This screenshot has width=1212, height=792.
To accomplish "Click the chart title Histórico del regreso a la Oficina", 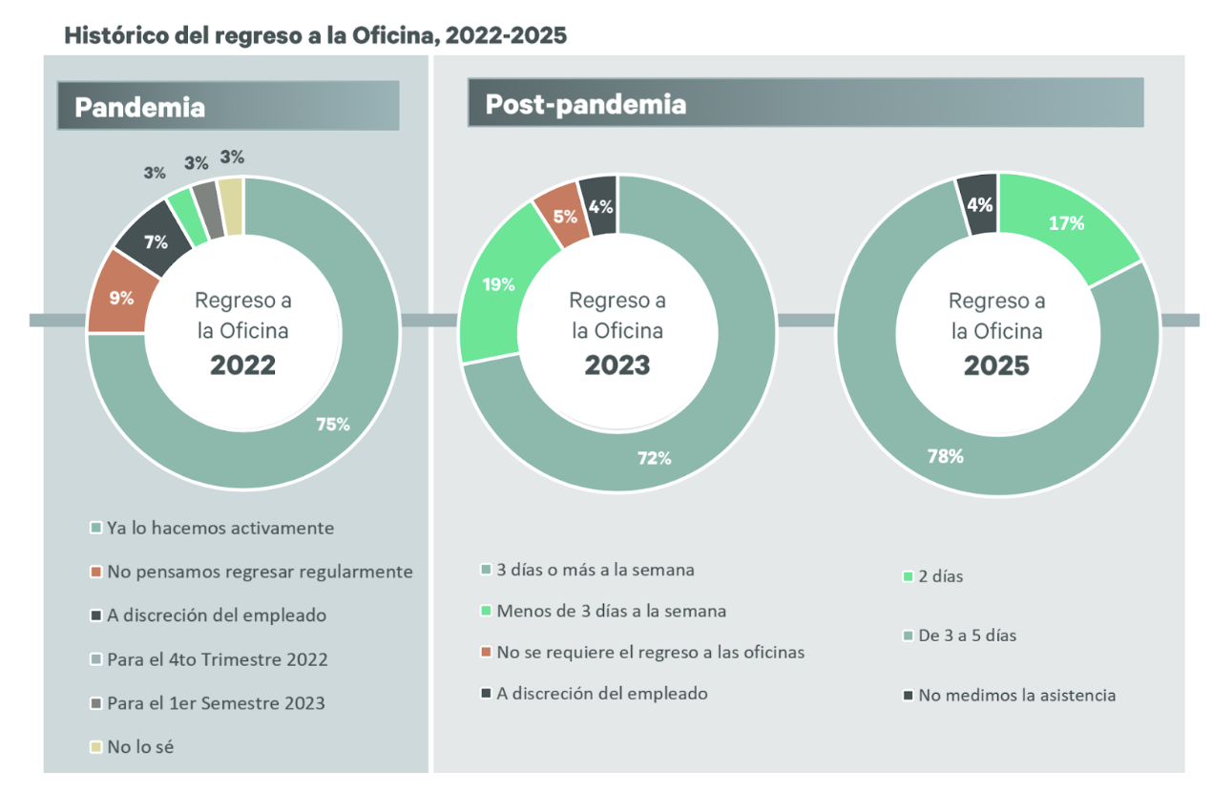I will coord(315,36).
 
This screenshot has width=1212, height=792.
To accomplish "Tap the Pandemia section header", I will coord(139,107).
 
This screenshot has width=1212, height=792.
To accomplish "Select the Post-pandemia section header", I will coord(585,104).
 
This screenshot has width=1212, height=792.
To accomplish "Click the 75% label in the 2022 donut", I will coord(333,425).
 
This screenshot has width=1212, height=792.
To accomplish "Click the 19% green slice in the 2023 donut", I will coord(498,284).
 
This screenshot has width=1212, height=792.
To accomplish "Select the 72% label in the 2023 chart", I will coord(655,458).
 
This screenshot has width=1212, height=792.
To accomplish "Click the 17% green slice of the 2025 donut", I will coord(1066,224).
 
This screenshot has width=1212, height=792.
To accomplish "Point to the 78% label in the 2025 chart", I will coord(945,456).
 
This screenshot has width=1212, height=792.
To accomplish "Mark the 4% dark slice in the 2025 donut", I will coord(980,203).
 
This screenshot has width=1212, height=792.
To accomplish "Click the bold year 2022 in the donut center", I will coord(242,365).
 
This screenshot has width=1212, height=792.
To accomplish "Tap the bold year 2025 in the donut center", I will coord(996,366).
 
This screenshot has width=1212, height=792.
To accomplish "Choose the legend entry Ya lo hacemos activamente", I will coord(219,528).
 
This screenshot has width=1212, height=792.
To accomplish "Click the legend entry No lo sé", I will coord(140,747).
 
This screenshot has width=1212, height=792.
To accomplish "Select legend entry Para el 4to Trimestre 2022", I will coord(217,659).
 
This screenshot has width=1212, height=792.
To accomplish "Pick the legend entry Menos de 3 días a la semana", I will coord(611,611).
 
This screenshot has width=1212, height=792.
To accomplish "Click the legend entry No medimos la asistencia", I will coord(1016,695).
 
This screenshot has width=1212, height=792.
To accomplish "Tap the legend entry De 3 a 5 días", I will coord(967,636).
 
